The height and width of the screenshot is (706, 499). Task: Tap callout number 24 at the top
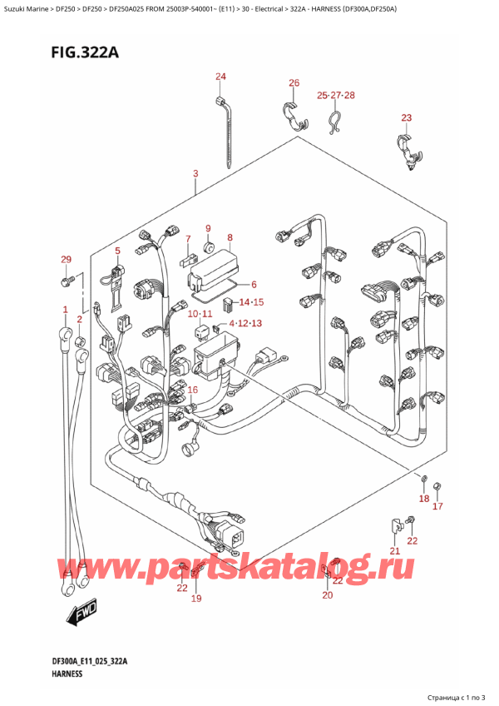pyautogui.click(x=220, y=77)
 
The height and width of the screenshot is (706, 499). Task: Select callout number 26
pyautogui.click(x=294, y=82)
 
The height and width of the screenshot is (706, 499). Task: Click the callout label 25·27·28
pyautogui.click(x=336, y=96)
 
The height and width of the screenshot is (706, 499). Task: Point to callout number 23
pyautogui.click(x=406, y=117)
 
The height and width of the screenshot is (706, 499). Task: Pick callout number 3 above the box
pyautogui.click(x=195, y=173)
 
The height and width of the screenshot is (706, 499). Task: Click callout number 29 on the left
pyautogui.click(x=67, y=261)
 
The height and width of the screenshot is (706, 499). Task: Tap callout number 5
pyautogui.click(x=117, y=250)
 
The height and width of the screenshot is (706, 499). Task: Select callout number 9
pyautogui.click(x=208, y=228)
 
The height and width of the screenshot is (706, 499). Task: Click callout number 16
pyautogui.click(x=193, y=390)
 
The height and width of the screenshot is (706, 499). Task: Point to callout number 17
pyautogui.click(x=438, y=506)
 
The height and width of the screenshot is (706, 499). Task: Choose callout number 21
pyautogui.click(x=395, y=551)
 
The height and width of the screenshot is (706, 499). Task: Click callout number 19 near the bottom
pyautogui.click(x=197, y=598)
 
